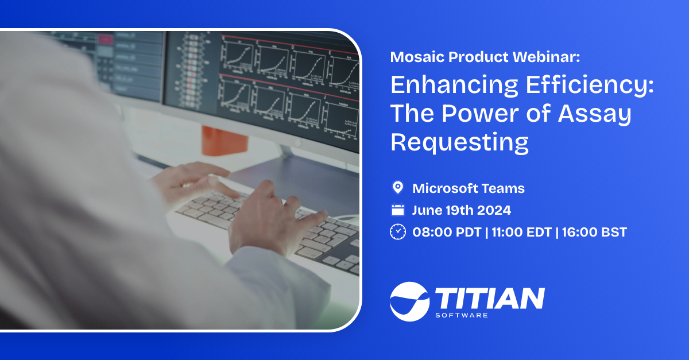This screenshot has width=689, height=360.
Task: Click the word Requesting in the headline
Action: pos(459,141)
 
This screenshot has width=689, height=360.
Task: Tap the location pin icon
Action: pos(397,188)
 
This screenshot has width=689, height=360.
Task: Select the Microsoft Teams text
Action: pos(469,188)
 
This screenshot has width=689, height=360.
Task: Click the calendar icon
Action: pos(397,210)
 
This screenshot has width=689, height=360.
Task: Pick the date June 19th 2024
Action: pos(461,210)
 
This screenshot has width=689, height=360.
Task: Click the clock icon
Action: pos(397,232)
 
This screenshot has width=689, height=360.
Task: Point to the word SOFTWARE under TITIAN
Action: pos(462,315)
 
